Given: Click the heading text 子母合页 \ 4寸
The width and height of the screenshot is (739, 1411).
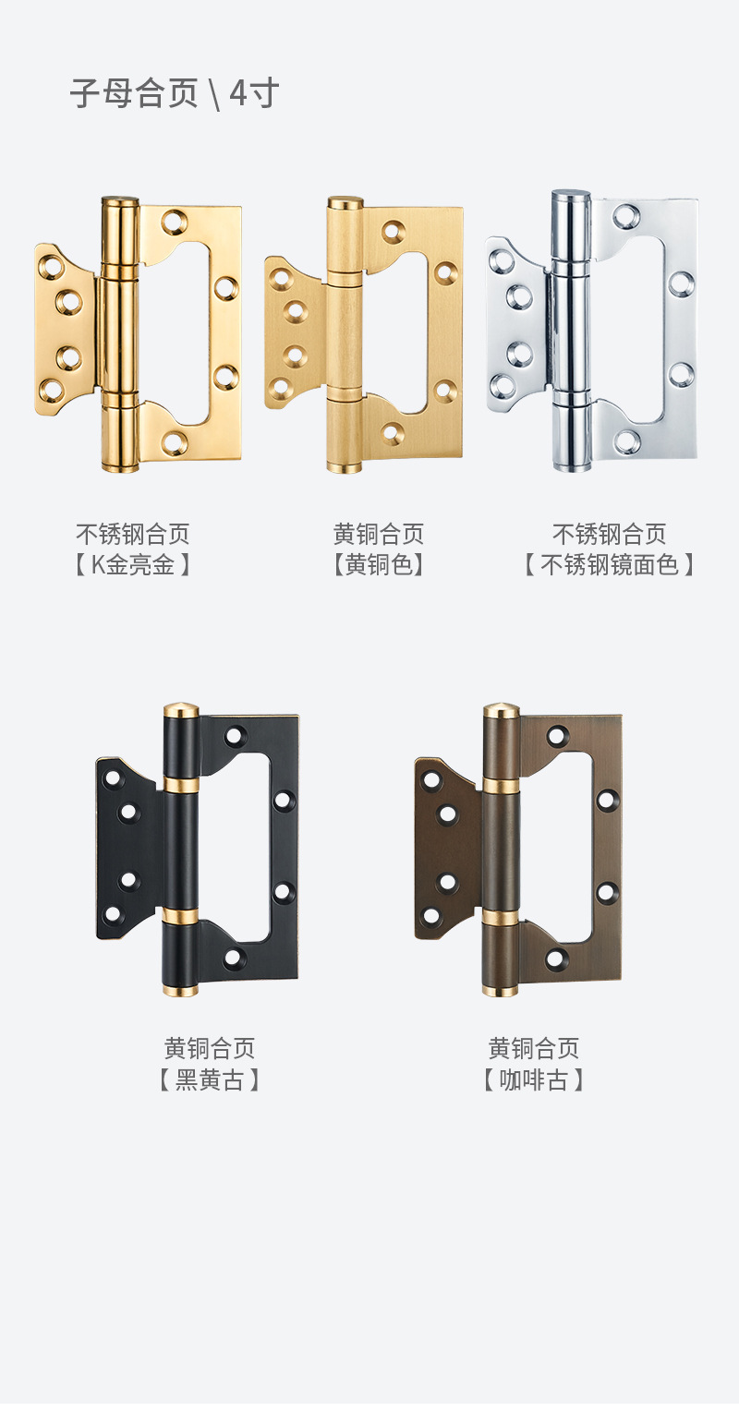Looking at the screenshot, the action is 175,94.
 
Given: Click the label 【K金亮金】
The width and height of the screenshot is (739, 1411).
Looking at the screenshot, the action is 133,564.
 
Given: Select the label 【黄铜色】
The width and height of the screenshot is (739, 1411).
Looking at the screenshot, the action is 379,564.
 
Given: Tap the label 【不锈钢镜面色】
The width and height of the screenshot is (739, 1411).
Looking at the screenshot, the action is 609,564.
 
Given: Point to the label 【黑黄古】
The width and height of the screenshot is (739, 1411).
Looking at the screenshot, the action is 210,1079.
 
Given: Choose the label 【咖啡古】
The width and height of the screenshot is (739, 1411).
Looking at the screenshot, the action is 534,1079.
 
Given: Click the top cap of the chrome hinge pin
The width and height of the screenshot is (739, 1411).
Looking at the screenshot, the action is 571,197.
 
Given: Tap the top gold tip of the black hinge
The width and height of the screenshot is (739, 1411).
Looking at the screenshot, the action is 181,710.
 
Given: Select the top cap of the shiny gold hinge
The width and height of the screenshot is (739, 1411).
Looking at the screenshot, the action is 120,200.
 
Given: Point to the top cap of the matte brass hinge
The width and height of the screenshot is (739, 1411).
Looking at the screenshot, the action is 345,202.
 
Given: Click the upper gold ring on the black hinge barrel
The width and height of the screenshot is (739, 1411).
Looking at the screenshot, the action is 181,785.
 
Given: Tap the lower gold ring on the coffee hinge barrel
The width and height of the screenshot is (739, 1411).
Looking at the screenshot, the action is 501,918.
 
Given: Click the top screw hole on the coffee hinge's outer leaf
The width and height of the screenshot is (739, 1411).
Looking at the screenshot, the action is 557,736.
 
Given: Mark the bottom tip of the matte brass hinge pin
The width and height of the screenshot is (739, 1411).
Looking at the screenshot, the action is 345,468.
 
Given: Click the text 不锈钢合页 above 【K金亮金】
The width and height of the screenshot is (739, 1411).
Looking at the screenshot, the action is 133,534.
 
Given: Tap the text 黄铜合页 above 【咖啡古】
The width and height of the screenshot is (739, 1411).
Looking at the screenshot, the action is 534,1048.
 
